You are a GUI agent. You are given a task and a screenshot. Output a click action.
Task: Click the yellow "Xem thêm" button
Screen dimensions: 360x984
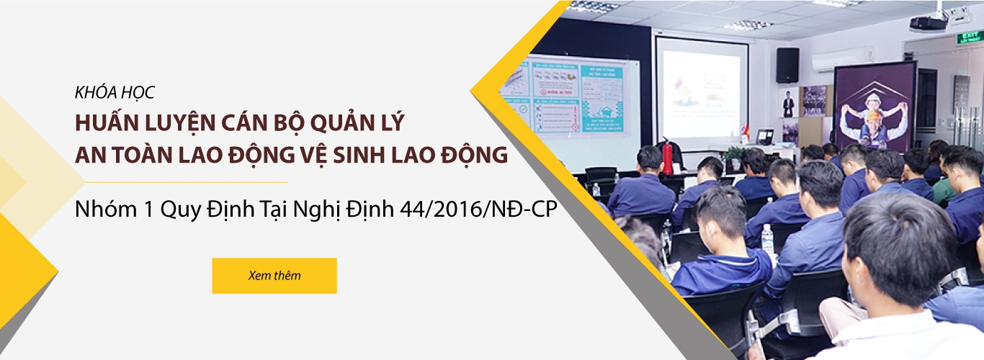274,276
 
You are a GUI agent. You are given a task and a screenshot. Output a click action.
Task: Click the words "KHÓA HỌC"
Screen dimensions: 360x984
115,93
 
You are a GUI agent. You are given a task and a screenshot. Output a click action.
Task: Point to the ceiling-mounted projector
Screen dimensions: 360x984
928,22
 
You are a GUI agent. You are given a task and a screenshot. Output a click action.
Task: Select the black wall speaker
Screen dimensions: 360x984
787,65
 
